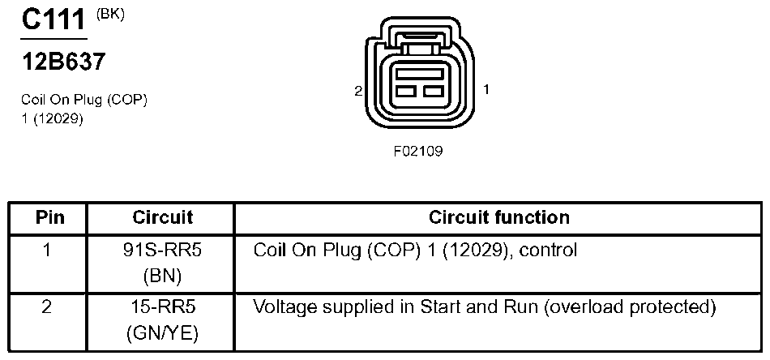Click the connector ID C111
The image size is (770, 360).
pyautogui.click(x=53, y=21)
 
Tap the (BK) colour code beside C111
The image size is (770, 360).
pyautogui.click(x=111, y=14)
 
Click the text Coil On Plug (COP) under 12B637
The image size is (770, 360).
pyautogui.click(x=84, y=100)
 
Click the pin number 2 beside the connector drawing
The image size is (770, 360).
pyautogui.click(x=357, y=90)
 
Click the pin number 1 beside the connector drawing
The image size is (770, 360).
pyautogui.click(x=486, y=89)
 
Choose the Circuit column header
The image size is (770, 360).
pyautogui.click(x=162, y=217)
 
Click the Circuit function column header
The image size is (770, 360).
pyautogui.click(x=498, y=217)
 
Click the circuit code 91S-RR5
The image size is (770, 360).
pyautogui.click(x=162, y=251)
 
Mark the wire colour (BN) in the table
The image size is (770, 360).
pyautogui.click(x=162, y=276)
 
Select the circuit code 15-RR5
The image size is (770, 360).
pyautogui.click(x=162, y=308)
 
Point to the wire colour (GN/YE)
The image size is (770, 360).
pyautogui.click(x=162, y=333)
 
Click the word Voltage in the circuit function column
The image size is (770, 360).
pyautogui.click(x=281, y=308)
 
